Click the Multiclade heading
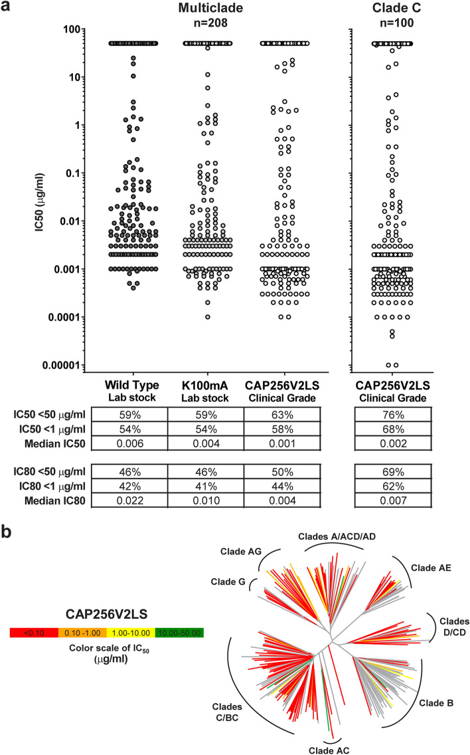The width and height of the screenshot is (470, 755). tap(212, 8)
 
